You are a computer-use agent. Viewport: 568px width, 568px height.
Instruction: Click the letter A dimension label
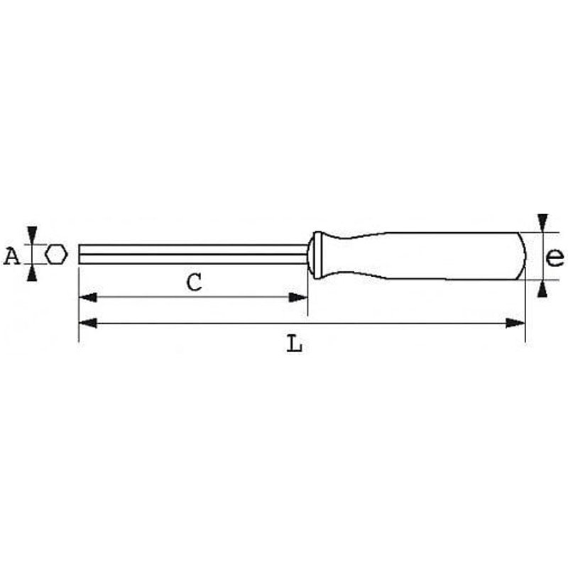11,256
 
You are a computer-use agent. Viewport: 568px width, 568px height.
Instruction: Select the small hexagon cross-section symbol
56,254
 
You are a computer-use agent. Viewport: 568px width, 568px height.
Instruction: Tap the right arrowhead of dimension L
516,323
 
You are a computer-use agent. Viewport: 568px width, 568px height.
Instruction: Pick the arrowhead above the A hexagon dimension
32,235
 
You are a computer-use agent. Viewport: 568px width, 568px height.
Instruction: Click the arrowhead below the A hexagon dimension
32,273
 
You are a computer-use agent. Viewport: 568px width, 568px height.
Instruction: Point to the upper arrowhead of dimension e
542,222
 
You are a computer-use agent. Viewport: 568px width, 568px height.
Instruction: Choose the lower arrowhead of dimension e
542,288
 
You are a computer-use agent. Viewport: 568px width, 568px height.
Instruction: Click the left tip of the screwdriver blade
80,254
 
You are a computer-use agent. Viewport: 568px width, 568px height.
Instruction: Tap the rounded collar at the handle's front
317,254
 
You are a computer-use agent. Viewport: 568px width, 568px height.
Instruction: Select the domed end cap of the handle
520,255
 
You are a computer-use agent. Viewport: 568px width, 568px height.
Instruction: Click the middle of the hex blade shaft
192,254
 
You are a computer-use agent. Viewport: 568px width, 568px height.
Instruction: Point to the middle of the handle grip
426,255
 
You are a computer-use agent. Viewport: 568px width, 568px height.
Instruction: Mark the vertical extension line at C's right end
307,298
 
